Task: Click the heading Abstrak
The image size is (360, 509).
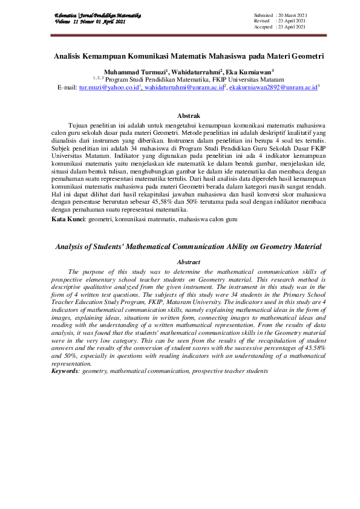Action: [187, 115]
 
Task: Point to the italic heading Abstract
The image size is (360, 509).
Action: [188, 262]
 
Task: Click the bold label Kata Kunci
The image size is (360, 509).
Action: [68, 219]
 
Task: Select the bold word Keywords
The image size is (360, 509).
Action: [65, 370]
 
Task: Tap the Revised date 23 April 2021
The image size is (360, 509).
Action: [292, 21]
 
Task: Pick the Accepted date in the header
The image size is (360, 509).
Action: [292, 27]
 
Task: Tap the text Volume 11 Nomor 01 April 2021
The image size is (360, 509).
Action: [90, 21]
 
